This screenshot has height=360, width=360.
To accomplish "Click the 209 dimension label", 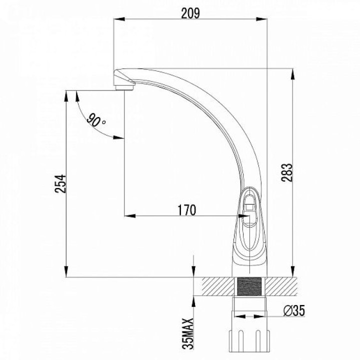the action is pos(190,13).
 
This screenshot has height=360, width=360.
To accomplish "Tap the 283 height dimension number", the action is pos(287,172).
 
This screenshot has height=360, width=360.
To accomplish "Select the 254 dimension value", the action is pos(60,183).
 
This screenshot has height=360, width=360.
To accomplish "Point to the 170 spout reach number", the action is pos(187,210).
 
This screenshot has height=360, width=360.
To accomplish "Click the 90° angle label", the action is pos(96,120).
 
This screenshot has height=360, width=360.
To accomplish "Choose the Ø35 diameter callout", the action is pos(294,311).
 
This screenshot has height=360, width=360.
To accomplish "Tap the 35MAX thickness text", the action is pos(188,334).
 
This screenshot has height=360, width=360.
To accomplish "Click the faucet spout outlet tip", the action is pos(125,87).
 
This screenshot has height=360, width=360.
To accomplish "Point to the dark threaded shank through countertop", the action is pos(249,286).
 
